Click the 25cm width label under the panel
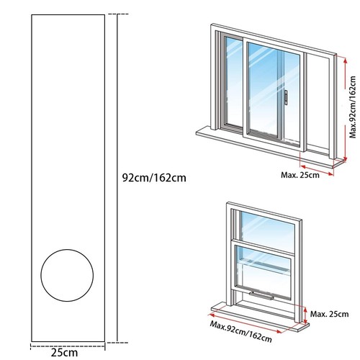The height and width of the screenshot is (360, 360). tap(64, 352)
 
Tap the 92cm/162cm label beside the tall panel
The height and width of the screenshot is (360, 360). tap(154, 178)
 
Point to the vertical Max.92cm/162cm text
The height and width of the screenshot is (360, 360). tap(352, 107)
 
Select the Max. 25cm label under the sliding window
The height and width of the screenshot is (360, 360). tap(300, 175)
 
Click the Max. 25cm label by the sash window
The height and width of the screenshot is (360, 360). tap(329, 314)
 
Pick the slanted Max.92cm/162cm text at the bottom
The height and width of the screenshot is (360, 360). tap(240, 331)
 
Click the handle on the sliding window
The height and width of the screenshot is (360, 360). tap(286, 97)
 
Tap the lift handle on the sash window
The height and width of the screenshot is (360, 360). tap(261, 296)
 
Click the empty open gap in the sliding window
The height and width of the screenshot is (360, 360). tap(318, 104)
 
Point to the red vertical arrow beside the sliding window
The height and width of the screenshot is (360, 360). tap(345, 109)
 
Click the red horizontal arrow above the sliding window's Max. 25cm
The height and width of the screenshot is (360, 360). tap(317, 170)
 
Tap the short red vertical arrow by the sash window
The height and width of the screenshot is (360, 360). tap(305, 315)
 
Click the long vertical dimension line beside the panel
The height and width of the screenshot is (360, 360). tap(117, 178)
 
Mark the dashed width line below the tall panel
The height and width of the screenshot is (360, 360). tap(68, 346)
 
